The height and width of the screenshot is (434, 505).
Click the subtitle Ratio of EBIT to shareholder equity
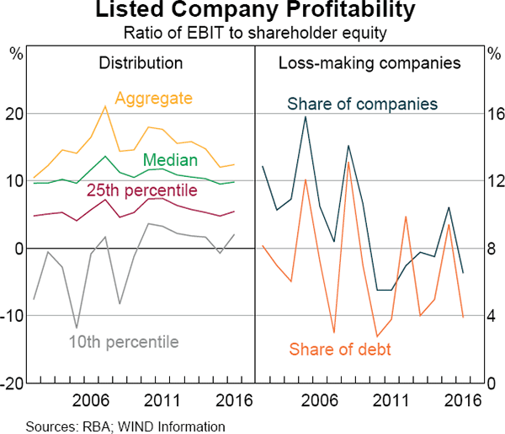[x=253, y=34]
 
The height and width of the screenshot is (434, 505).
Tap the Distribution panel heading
[x=141, y=62]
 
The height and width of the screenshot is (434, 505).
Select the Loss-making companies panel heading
[x=369, y=62]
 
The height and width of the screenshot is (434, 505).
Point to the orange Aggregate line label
[x=154, y=99]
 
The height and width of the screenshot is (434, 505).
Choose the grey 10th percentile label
[x=125, y=341]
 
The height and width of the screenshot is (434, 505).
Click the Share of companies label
[x=363, y=104]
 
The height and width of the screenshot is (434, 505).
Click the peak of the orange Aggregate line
[x=104, y=106]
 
